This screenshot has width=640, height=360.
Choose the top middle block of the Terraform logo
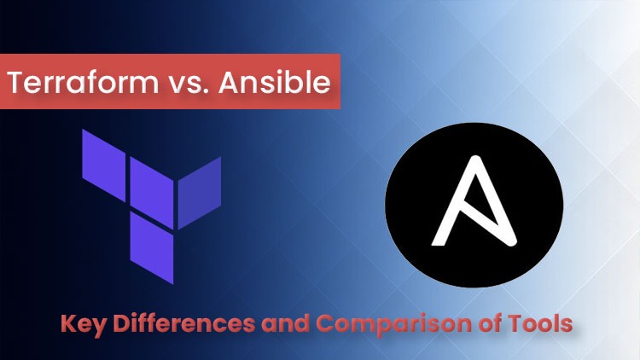click(151, 182)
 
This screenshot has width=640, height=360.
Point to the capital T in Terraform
click(17, 84)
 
